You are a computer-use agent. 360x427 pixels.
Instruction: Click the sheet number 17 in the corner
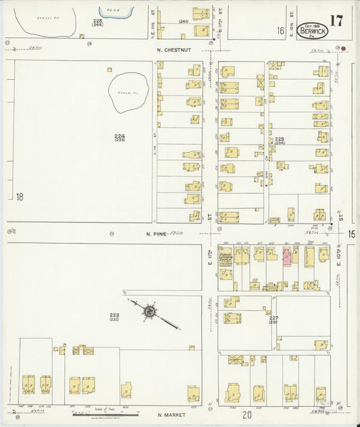(x=336, y=20)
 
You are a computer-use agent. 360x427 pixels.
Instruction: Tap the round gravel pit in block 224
(x=129, y=93)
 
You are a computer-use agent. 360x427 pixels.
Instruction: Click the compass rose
(x=149, y=311)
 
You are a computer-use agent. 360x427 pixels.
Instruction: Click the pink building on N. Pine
(x=286, y=256)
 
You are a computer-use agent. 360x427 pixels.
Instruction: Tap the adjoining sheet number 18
(x=20, y=197)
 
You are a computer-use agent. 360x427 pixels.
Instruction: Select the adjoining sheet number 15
(x=352, y=233)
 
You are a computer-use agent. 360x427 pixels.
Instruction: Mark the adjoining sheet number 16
(x=280, y=30)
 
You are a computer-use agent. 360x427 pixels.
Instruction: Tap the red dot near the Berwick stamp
(x=343, y=49)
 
